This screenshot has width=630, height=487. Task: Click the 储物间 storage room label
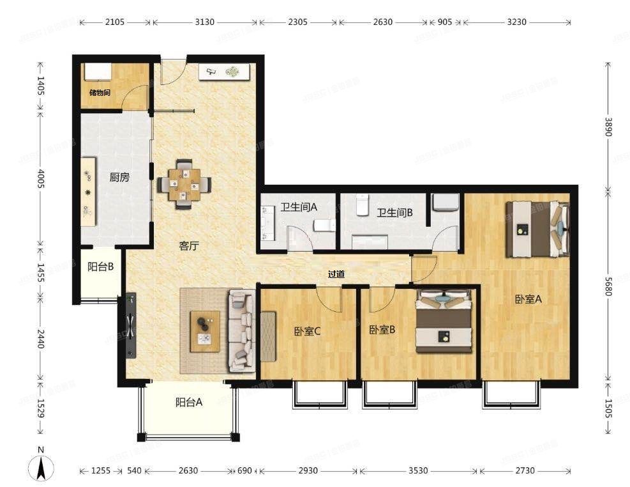tap(100, 93)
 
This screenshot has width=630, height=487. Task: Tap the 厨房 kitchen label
tap(119, 177)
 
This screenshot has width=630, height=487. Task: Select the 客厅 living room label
tap(188, 245)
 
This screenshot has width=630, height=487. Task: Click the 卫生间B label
tap(394, 212)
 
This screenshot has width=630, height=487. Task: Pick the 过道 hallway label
tap(336, 274)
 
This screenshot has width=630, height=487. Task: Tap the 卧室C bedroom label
tap(307, 331)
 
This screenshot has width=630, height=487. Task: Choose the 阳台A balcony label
tap(189, 402)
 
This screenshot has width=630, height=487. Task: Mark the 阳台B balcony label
tap(101, 267)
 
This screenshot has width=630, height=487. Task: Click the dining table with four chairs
tap(184, 184)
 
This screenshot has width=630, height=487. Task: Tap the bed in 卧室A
tap(537, 229)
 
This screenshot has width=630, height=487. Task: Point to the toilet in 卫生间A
tap(325, 225)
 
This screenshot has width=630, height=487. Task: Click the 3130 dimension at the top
tap(204, 22)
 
